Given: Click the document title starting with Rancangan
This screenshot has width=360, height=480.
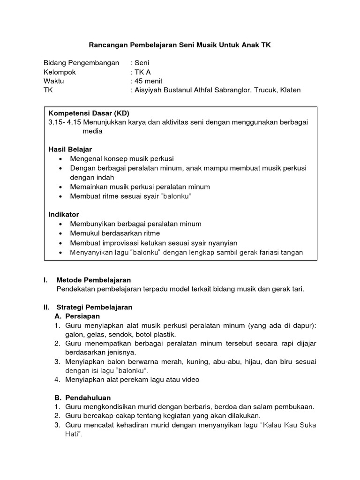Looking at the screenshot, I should [180, 45].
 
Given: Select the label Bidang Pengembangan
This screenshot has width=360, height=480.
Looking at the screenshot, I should [81, 63].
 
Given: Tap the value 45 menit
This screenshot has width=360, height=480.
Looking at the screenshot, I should [149, 81].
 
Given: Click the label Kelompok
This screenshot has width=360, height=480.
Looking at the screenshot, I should [60, 72].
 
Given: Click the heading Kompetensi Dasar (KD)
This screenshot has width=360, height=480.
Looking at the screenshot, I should [89, 113].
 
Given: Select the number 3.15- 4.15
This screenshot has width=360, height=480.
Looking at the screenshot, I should [64, 122].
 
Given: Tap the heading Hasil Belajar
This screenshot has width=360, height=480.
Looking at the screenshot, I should [70, 149].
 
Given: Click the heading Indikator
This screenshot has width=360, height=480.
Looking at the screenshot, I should [64, 214].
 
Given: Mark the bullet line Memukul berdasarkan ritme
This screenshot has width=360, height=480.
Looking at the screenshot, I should [115, 233].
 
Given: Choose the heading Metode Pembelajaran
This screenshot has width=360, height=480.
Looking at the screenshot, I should [93, 280].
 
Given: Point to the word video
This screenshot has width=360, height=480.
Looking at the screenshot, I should [190, 380].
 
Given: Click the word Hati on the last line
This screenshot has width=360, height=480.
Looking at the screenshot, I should [73, 434].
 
